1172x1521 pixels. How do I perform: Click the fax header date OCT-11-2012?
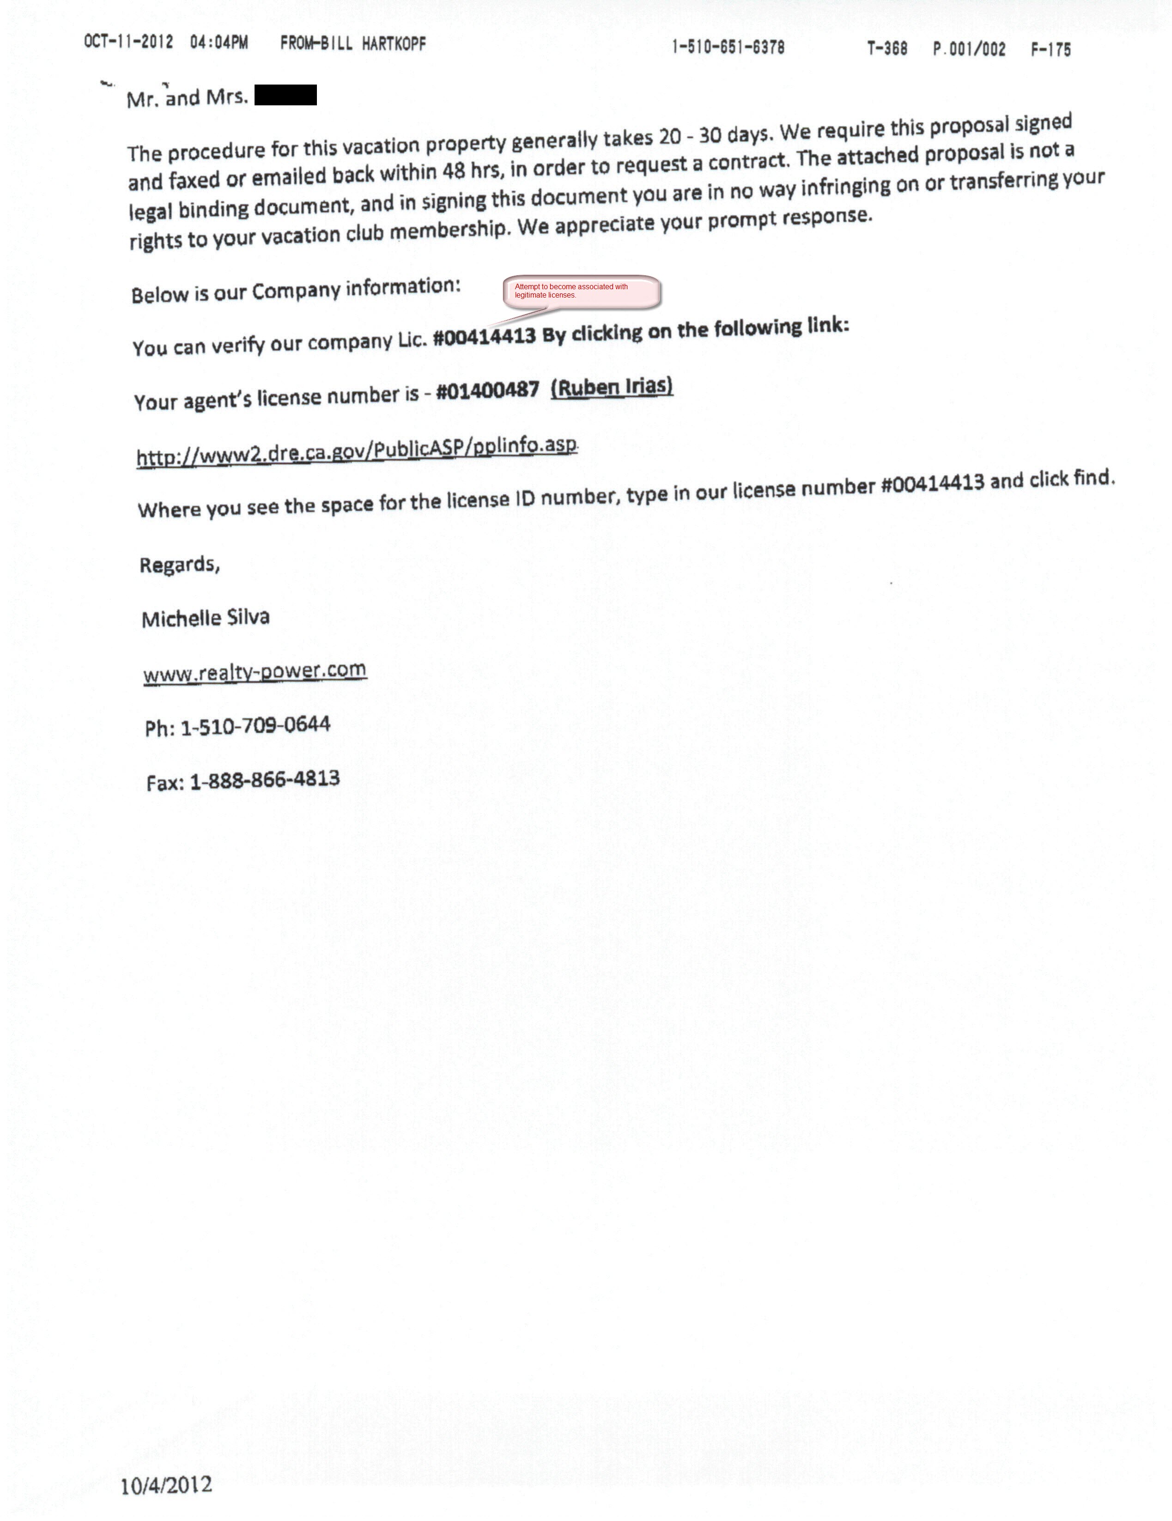128,42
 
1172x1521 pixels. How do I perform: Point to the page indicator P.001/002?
969,49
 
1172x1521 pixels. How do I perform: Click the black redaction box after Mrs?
285,95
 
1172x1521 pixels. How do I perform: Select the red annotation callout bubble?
582,291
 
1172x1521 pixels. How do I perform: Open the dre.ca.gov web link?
357,450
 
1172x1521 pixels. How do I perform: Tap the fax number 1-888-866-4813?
265,779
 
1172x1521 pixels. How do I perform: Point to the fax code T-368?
887,48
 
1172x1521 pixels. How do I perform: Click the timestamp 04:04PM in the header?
219,43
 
